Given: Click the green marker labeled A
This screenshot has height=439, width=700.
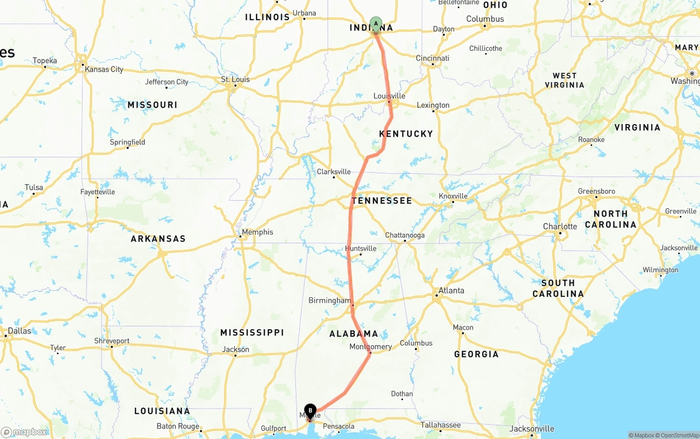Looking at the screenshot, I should click(x=376, y=24).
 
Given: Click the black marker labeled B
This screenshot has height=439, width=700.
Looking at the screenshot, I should click(x=310, y=411).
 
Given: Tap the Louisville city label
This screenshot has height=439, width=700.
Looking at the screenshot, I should click(x=389, y=96).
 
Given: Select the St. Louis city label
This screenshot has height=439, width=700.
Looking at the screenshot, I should click(x=235, y=80).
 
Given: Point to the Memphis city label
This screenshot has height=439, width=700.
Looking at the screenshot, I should click(x=257, y=232).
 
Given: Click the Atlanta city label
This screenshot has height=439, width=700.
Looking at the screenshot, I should click(x=452, y=291).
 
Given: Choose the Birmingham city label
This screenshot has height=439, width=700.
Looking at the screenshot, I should click(x=330, y=301).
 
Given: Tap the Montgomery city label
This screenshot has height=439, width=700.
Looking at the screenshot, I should click(x=371, y=347).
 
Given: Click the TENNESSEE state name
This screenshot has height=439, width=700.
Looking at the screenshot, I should click(x=382, y=201).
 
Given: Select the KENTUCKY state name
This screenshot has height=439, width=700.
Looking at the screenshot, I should click(x=406, y=134).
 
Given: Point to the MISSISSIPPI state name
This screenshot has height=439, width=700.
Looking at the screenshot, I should click(x=252, y=332).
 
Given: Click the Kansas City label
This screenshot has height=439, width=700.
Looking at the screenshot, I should click(x=104, y=69).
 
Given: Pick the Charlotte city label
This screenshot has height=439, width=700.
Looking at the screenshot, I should click(x=560, y=226).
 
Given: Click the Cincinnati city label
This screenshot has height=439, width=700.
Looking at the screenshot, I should click(x=433, y=58).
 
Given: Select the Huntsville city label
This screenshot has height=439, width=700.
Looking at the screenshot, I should click(x=360, y=249).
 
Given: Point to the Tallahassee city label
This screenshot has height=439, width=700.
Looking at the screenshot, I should click(x=440, y=425).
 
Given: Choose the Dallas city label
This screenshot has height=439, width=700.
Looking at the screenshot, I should click(x=20, y=331).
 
